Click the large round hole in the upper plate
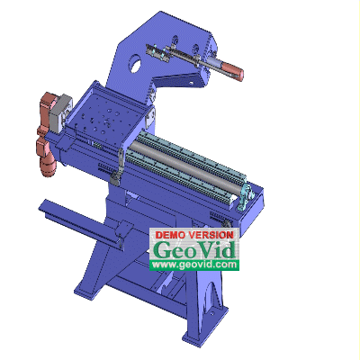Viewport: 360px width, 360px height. (135, 64)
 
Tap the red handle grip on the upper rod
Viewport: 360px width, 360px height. (232, 70)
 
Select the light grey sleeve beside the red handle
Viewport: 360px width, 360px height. (214, 63)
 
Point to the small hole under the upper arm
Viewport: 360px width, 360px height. (190, 83)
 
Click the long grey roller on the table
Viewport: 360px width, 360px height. (186, 167)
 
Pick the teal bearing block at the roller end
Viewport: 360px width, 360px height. (247, 196)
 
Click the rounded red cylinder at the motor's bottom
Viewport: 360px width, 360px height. (48, 168)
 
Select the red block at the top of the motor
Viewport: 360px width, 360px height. (49, 103)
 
